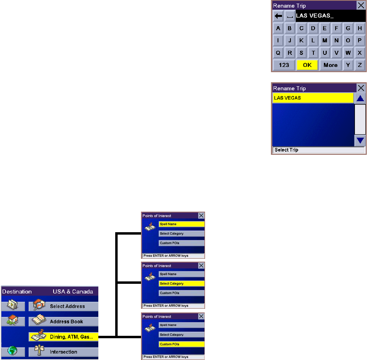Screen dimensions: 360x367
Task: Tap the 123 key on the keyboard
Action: pos(284,65)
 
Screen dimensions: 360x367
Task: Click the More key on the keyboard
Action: pos(330,65)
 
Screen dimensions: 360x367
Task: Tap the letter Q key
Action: pos(278,53)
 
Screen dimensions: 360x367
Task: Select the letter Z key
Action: pos(360,65)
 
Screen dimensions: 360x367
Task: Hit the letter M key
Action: pos(325,41)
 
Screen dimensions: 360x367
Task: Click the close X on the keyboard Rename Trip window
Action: pos(361,6)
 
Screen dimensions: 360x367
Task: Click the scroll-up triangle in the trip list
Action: pos(360,98)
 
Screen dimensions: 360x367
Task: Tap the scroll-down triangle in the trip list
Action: pos(360,141)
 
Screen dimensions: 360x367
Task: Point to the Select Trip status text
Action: pos(286,150)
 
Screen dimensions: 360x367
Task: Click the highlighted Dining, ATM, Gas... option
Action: pos(63,337)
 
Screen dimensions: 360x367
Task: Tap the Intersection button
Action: pos(63,352)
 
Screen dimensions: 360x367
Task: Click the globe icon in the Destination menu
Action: pos(13,352)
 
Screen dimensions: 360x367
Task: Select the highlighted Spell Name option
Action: pos(181,224)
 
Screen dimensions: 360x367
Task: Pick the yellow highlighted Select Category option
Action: pos(181,284)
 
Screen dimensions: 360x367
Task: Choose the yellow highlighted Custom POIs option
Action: pos(181,344)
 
